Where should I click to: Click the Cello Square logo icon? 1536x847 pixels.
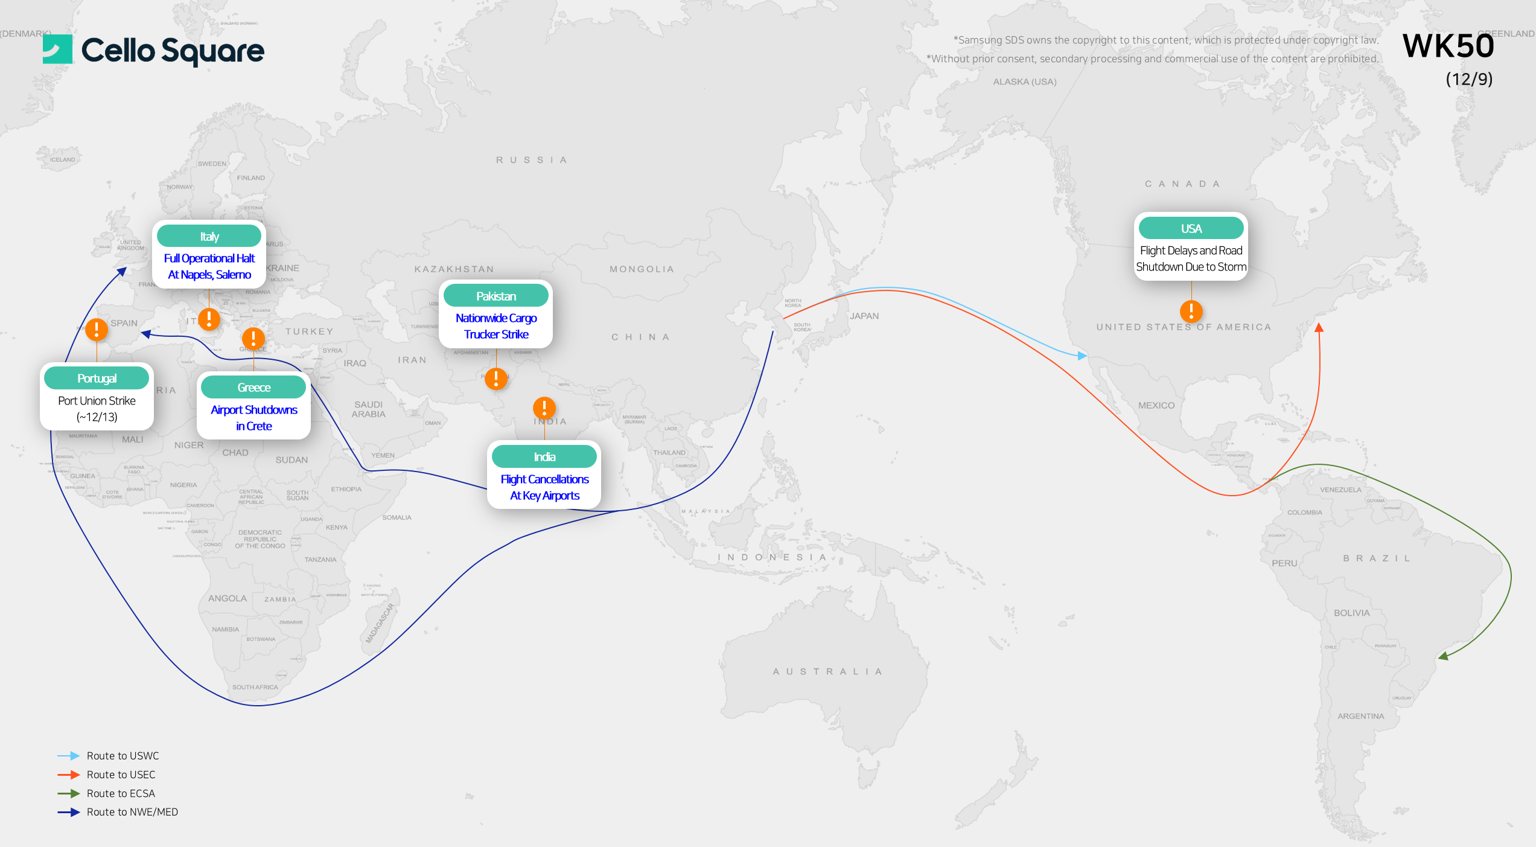(x=57, y=50)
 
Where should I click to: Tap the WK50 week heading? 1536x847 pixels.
(x=1447, y=46)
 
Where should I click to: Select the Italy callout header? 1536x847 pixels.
(x=209, y=236)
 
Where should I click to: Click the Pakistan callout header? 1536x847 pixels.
(x=496, y=296)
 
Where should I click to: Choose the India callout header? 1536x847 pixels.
(x=544, y=456)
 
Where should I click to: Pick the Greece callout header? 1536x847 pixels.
(x=253, y=387)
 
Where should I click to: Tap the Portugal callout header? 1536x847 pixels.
(x=97, y=378)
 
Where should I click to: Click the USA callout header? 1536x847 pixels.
(x=1191, y=228)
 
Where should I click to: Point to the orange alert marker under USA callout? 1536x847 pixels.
(x=1191, y=312)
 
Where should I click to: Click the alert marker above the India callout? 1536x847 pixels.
(x=544, y=408)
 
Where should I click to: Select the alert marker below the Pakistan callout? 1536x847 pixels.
(x=496, y=379)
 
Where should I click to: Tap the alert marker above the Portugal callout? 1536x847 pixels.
(x=97, y=330)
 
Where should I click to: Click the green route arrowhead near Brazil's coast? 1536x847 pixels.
(x=1443, y=656)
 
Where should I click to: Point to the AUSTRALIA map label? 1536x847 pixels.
(x=827, y=671)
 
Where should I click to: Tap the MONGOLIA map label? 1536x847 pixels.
(x=642, y=269)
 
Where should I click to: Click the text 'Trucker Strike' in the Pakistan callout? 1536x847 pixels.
(x=496, y=334)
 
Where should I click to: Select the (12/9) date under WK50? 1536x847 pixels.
(x=1468, y=79)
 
